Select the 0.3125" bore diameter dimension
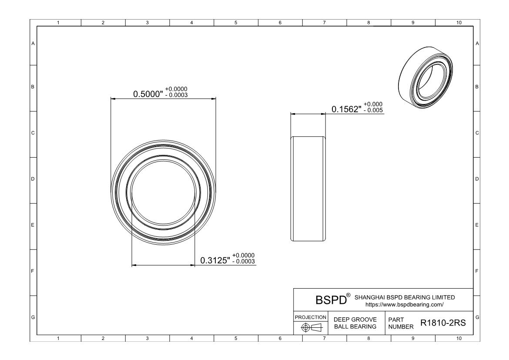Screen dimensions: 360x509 (x=215, y=260)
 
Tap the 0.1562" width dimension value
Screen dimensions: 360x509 (x=347, y=109)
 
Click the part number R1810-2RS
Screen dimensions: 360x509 (x=443, y=323)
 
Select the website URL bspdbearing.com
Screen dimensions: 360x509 (x=404, y=305)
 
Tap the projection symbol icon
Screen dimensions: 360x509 (x=311, y=327)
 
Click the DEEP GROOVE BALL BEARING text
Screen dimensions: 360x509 (x=355, y=323)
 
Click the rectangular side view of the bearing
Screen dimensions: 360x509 (x=308, y=188)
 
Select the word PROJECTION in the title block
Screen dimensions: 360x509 (x=311, y=317)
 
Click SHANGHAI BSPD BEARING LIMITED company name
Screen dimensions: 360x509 (x=405, y=297)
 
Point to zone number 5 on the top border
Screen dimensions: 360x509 (x=235, y=23)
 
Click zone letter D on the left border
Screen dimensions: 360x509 (x=33, y=179)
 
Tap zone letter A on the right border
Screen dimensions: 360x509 (x=477, y=44)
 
